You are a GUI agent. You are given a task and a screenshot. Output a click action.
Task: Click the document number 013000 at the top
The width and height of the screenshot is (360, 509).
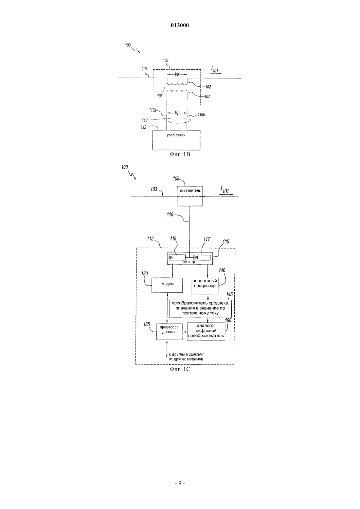(180, 26)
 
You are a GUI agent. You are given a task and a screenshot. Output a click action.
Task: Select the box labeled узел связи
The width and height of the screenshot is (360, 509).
(176, 140)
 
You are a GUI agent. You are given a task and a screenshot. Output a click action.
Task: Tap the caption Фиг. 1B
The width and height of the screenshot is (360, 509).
(180, 155)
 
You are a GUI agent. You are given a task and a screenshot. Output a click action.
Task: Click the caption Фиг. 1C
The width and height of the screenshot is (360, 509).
(180, 369)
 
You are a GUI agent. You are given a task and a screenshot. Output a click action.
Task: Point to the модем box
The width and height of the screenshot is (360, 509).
(167, 285)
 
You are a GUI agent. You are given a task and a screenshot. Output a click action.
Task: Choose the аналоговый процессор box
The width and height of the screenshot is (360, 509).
(205, 285)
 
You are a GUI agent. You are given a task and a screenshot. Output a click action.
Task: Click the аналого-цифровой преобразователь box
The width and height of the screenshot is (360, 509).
(206, 331)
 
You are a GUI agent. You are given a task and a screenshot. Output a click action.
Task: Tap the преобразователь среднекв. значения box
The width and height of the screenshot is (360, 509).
(200, 308)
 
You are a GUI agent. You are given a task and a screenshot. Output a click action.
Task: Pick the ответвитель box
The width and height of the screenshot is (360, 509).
(190, 196)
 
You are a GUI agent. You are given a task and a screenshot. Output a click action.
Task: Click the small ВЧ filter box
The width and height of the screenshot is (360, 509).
(177, 257)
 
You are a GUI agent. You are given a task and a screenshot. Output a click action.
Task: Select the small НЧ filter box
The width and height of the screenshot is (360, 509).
(202, 257)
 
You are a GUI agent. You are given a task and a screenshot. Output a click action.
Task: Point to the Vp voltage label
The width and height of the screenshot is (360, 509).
(177, 75)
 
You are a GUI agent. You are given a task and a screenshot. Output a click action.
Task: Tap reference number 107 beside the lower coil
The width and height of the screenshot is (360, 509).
(207, 97)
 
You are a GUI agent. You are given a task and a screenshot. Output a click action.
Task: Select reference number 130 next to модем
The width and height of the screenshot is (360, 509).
(145, 273)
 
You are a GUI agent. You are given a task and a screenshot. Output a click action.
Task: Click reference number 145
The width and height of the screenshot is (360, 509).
(229, 294)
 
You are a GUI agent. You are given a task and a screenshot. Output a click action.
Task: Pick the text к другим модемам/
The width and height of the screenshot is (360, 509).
(186, 355)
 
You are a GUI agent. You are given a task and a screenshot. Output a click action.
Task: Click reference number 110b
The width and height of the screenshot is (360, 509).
(201, 115)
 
